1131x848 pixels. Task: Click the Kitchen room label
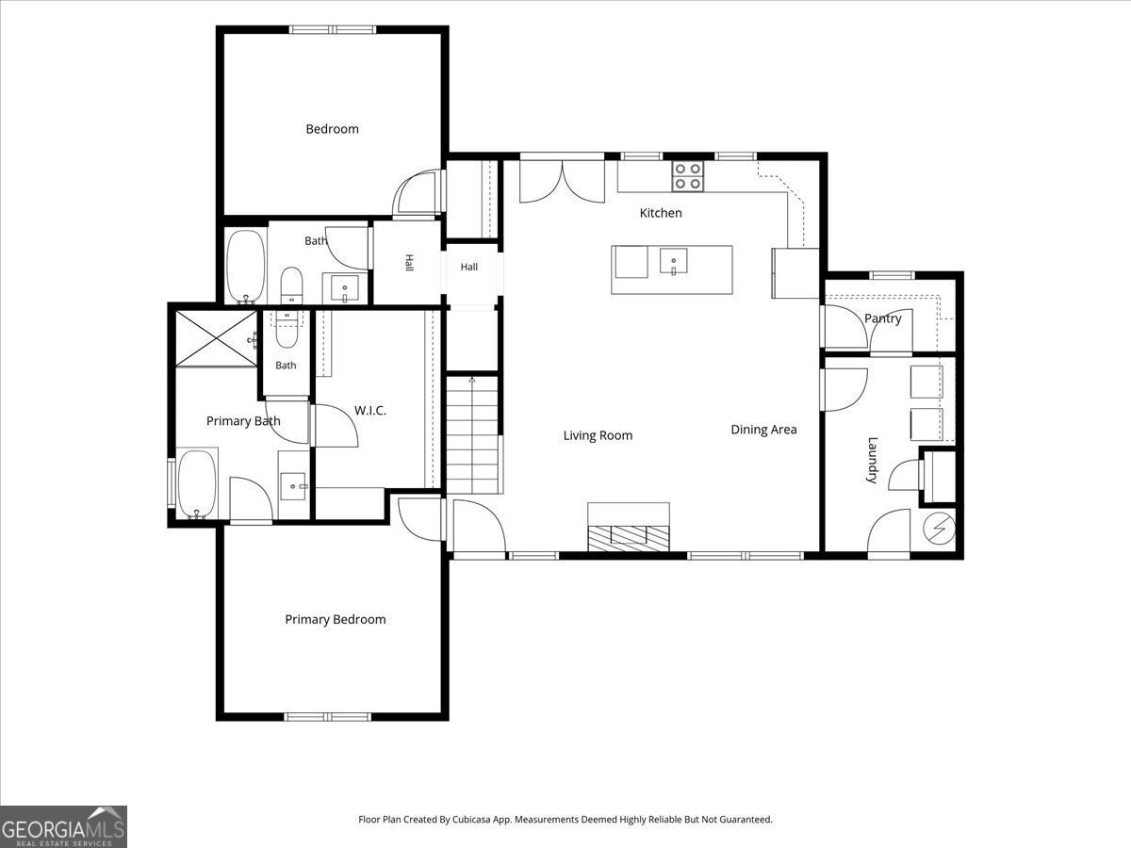[661, 213]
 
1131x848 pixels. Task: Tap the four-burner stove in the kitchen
[687, 176]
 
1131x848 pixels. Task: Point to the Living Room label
[598, 435]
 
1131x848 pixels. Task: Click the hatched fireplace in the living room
[629, 539]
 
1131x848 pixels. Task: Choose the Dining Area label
[763, 430]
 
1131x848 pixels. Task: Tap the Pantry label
[882, 318]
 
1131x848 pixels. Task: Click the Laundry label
[872, 460]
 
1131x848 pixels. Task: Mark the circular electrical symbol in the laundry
[939, 529]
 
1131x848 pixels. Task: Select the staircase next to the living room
[472, 434]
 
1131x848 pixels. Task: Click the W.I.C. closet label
[370, 411]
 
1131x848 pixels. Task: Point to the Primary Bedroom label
[336, 619]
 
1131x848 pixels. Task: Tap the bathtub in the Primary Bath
[197, 484]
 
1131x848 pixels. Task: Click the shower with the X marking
[216, 338]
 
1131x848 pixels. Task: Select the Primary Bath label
[243, 421]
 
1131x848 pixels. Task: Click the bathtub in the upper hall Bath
[246, 267]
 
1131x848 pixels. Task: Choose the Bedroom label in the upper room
[333, 129]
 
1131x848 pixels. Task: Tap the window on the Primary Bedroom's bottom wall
[328, 717]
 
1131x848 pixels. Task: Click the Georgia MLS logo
[63, 827]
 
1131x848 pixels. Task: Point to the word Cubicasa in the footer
[471, 819]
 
